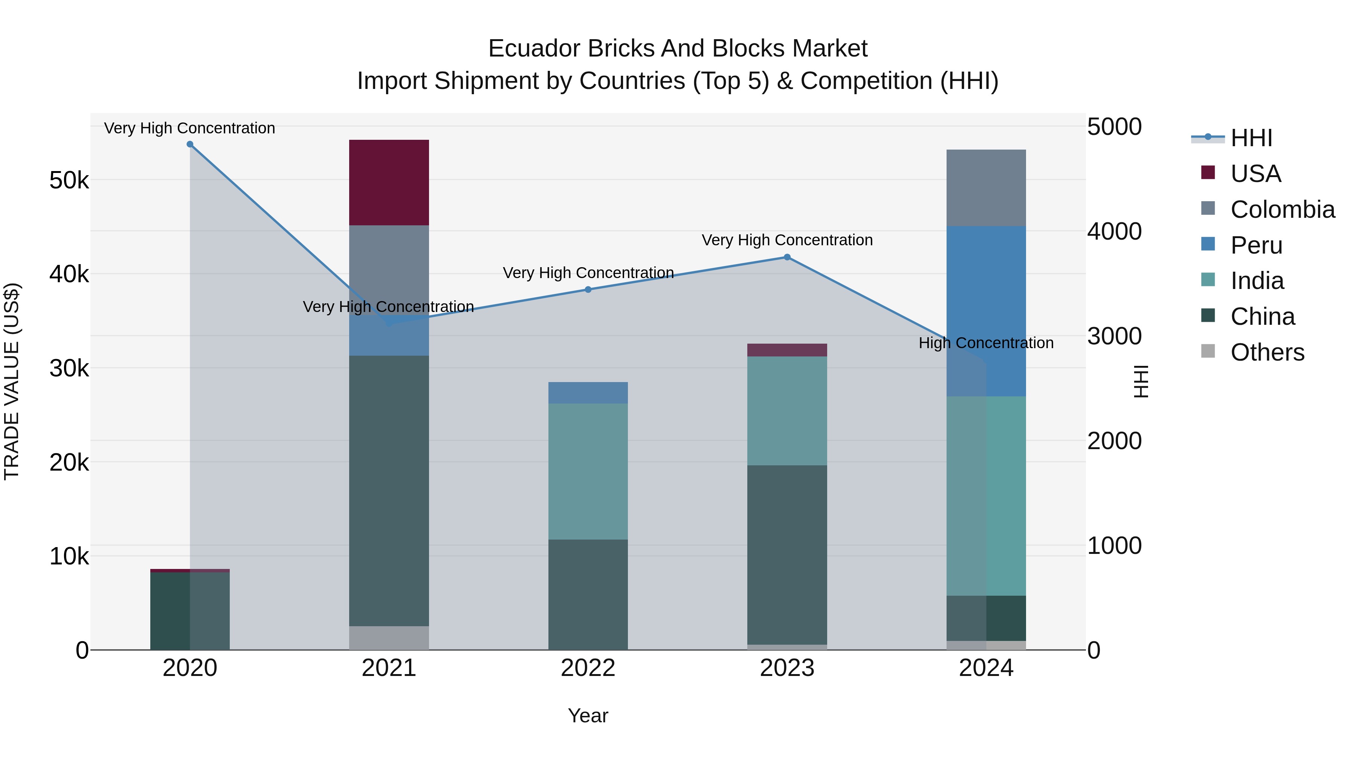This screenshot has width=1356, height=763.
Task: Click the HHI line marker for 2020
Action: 190,144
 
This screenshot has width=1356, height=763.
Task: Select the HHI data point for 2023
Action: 787,257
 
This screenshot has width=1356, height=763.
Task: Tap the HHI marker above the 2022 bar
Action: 588,290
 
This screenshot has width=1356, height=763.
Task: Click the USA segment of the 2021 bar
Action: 389,183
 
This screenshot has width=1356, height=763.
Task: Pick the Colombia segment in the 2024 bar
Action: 986,188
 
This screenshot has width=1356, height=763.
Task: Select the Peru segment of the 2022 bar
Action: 588,393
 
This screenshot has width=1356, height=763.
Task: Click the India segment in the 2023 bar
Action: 787,411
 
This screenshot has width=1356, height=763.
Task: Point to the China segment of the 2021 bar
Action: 389,490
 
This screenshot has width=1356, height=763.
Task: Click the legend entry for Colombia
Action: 1282,209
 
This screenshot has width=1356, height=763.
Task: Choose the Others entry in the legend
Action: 1267,352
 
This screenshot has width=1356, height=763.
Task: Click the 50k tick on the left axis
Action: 69,180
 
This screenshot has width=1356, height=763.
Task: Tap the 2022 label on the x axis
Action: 588,668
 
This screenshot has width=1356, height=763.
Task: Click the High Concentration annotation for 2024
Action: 986,343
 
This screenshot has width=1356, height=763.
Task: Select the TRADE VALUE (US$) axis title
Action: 12,381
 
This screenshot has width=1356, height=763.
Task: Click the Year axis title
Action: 588,716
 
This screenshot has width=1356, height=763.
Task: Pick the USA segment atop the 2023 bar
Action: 787,350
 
